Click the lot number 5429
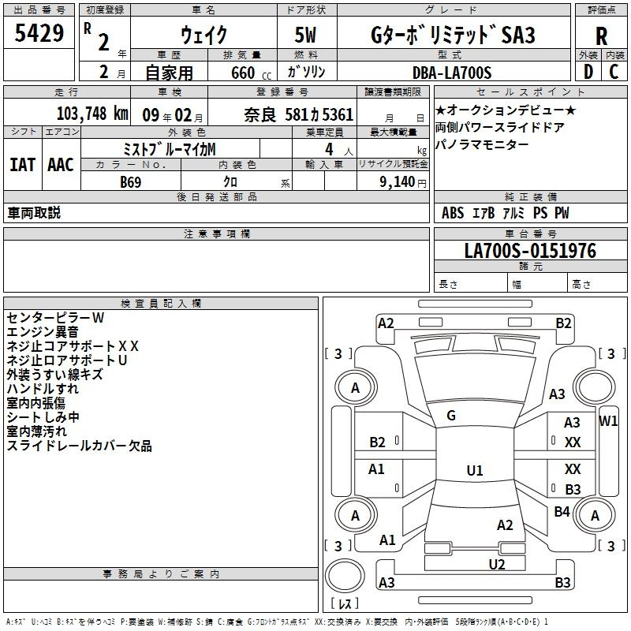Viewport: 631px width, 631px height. click(39, 33)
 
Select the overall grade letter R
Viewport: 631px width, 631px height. click(601, 36)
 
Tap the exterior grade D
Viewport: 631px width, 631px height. click(588, 72)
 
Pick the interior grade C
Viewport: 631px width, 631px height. click(614, 72)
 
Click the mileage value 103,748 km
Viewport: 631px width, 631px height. click(92, 114)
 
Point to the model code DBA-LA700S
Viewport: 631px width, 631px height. click(452, 73)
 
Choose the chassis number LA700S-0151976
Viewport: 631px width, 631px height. click(530, 251)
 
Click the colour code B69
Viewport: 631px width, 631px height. click(130, 182)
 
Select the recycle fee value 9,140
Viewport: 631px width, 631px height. click(397, 182)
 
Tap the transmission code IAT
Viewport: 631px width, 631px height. click(22, 165)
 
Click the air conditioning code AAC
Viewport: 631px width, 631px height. click(61, 165)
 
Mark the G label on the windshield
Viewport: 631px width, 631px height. click(451, 416)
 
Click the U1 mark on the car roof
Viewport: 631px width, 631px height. click(475, 470)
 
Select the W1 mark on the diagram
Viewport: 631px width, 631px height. click(607, 421)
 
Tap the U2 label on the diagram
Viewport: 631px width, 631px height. click(497, 565)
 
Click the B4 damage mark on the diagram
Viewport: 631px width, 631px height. click(562, 511)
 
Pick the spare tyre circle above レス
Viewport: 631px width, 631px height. click(345, 576)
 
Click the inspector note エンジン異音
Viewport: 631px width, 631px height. click(43, 332)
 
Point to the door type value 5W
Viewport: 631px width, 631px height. click(305, 35)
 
